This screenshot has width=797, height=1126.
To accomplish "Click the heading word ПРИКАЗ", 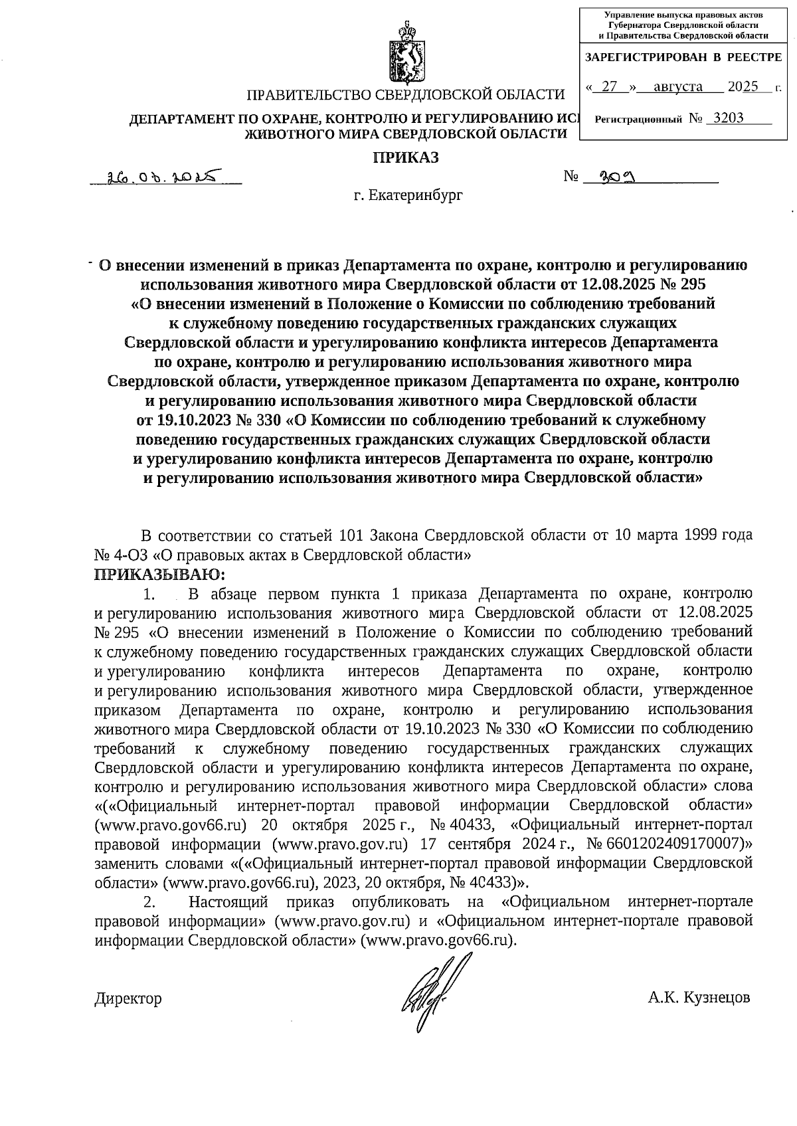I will coord(405,157).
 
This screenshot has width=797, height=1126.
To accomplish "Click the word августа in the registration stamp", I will coord(677,86).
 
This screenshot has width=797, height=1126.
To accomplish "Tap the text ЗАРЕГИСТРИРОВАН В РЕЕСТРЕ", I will coord(683,58).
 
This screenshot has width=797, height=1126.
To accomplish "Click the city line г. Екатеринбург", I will coord(407,195).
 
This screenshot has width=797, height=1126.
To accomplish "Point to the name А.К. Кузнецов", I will coord(699,998).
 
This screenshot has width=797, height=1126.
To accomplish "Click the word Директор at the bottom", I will coord(128,998).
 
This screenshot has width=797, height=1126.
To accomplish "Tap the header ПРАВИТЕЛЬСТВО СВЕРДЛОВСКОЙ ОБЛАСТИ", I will coord(405,96).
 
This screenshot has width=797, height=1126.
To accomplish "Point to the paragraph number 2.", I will coord(149,903).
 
